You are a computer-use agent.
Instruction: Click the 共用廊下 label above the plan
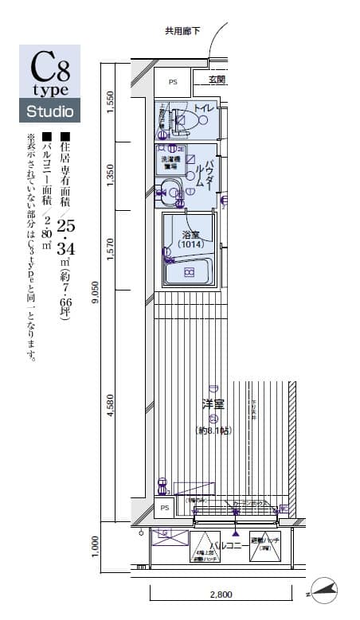182,32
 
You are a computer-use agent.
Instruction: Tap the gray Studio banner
49,111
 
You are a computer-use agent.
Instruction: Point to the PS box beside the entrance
173,81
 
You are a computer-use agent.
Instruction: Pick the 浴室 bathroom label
190,235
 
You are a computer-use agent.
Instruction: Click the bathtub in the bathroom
190,272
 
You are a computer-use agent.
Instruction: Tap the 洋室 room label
213,404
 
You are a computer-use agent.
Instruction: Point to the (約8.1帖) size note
212,431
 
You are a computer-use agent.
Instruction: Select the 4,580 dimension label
110,406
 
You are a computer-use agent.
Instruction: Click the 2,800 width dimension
221,595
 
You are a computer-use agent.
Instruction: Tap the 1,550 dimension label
110,100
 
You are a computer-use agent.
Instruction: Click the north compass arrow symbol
326,590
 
